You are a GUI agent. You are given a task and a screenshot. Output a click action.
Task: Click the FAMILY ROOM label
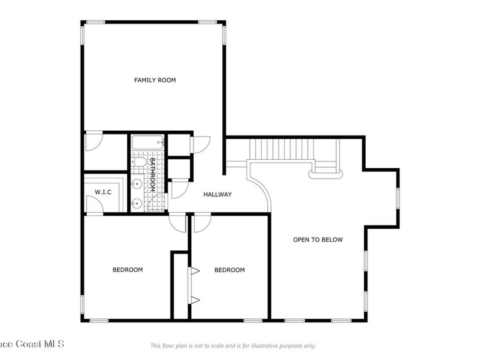point(155,80)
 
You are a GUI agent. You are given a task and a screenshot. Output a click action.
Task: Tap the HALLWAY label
point(217,195)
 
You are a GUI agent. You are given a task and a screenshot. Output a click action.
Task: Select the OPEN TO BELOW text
point(318,240)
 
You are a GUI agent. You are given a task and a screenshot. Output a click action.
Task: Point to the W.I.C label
point(103,192)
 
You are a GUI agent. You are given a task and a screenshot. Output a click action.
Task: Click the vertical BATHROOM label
point(152,174)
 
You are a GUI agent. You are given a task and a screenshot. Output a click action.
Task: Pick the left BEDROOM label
point(127,270)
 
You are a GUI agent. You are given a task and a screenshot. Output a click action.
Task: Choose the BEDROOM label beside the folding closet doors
point(230,270)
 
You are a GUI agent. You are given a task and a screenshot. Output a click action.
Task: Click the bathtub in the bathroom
point(147,142)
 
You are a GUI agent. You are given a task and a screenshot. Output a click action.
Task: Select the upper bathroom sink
point(137,183)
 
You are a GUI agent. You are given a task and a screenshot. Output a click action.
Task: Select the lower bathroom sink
point(136,202)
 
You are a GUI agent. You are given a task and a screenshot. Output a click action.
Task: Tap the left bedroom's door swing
point(178,223)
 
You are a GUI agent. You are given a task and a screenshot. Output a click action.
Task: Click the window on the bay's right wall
point(398,198)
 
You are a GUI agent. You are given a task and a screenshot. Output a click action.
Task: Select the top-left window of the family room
point(96,22)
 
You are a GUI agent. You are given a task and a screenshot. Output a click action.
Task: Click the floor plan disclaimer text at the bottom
point(233,346)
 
